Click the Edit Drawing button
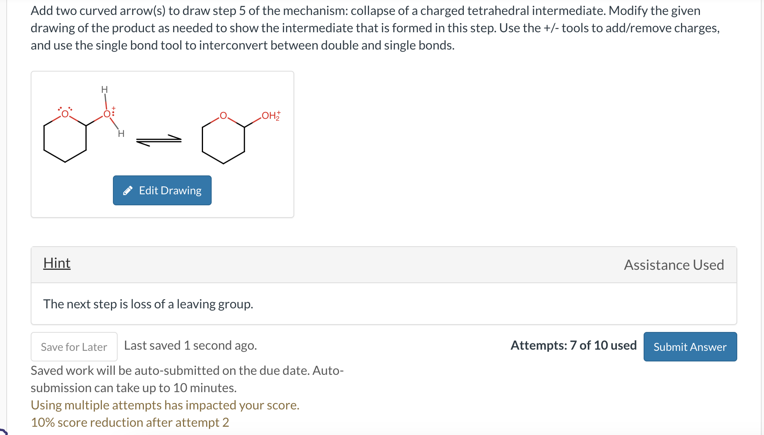tap(162, 190)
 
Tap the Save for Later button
tap(74, 347)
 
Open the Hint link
tap(57, 263)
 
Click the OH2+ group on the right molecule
tap(270, 116)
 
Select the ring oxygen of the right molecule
tap(223, 116)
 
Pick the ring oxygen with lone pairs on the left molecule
tap(65, 114)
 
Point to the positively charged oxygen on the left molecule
tap(107, 114)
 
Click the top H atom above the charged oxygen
tap(104, 90)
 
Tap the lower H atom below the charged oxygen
tap(121, 134)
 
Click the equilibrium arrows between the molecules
tap(159, 140)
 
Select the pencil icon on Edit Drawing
tap(128, 191)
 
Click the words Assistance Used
tap(674, 265)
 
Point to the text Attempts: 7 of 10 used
tap(573, 345)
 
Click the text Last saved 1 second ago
tap(190, 345)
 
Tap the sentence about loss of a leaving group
tap(148, 304)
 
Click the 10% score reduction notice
tap(130, 422)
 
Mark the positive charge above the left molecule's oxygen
tap(114, 107)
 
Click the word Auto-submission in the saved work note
tap(328, 370)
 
